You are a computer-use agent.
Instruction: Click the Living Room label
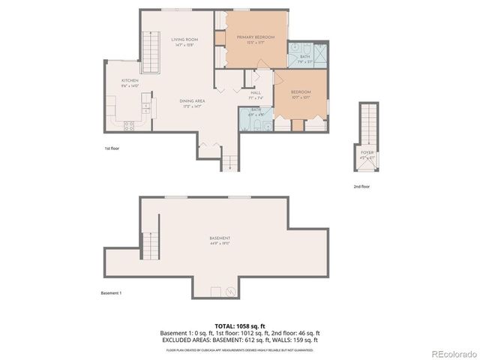pos(184,39)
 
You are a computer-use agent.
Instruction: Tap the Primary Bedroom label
pos(255,37)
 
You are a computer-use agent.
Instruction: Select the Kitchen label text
pos(130,79)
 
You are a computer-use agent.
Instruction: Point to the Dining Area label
pos(193,101)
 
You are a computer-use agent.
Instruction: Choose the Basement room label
pos(219,238)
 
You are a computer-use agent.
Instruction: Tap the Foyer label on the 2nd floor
pos(367,152)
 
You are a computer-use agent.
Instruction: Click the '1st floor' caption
pos(112,148)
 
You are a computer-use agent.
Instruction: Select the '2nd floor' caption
pos(361,186)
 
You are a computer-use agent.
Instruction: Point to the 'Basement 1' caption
pos(111,292)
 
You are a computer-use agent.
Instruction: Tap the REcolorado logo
pos(452,353)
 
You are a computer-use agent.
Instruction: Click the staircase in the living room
pos(151,54)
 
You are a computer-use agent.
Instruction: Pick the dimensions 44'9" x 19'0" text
pos(219,244)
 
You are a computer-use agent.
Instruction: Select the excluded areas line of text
pos(240,339)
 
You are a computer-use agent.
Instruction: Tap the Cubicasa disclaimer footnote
pos(240,349)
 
